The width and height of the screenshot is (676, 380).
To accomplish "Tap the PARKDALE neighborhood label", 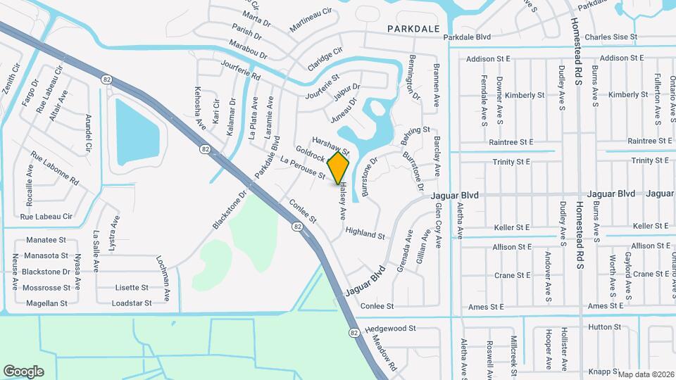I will click(413, 29).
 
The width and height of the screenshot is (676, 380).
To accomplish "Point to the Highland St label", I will click(365, 234).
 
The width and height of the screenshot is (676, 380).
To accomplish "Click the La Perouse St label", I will click(302, 168).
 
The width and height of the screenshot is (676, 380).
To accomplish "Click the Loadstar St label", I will click(132, 303).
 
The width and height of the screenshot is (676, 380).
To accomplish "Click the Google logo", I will click(23, 372).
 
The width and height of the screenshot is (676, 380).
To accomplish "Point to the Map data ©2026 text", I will click(645, 374).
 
